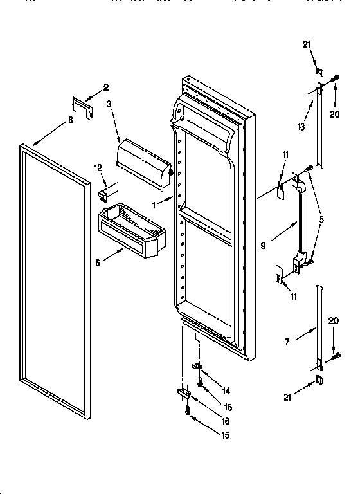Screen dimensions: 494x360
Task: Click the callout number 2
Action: (106, 88)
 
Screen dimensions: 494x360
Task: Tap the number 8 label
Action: (70, 120)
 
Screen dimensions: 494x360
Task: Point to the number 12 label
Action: (98, 168)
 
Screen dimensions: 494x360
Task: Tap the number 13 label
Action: (300, 127)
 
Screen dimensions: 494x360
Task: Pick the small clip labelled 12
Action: (106, 191)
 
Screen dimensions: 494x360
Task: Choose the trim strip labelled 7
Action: (319, 328)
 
